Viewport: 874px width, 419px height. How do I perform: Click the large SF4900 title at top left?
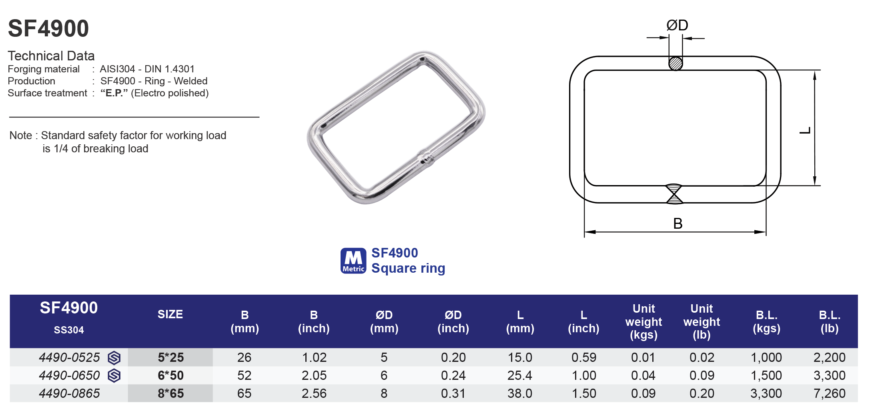click(x=48, y=29)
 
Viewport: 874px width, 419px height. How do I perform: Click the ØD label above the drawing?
click(x=677, y=26)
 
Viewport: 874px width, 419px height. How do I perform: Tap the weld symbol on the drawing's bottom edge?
click(x=674, y=194)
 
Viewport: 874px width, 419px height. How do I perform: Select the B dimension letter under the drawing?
click(x=678, y=223)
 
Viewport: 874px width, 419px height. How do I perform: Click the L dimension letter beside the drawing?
click(x=805, y=130)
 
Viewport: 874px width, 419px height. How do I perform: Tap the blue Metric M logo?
click(x=353, y=261)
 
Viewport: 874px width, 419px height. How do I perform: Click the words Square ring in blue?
click(x=408, y=268)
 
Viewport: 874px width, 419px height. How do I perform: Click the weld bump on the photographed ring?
click(x=425, y=158)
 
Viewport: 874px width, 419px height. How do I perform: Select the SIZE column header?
click(x=170, y=314)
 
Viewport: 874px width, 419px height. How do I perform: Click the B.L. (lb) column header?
click(x=829, y=321)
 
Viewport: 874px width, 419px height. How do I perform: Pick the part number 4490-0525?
click(x=69, y=357)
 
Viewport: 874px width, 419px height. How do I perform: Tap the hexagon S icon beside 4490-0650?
click(x=114, y=375)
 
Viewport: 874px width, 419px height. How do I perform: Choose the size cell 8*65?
click(x=170, y=393)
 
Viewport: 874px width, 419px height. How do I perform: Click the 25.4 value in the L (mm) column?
click(x=519, y=375)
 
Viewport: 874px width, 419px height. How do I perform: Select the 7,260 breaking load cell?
click(x=829, y=393)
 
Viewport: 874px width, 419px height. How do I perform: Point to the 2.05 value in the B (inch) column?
click(x=314, y=375)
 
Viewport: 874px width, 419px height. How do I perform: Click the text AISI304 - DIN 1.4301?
click(x=147, y=69)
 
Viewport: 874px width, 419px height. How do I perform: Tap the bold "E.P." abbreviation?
click(x=114, y=93)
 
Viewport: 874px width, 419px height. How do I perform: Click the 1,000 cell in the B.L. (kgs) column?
click(x=766, y=357)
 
